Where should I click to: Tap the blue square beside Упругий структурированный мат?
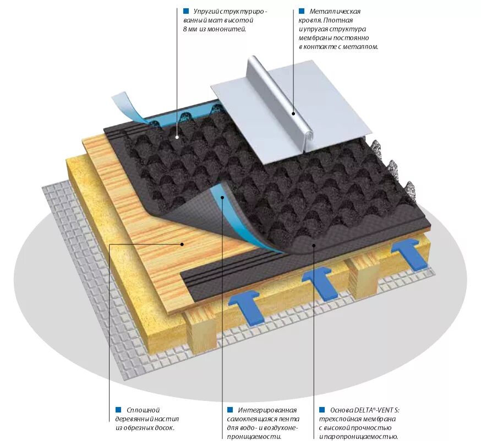click(186, 11)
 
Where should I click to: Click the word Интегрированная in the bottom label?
click(267, 410)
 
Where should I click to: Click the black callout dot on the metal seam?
click(293, 114)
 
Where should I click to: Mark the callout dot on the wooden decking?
click(183, 243)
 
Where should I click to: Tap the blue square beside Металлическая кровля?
click(302, 11)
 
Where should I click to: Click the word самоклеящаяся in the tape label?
click(253, 419)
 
